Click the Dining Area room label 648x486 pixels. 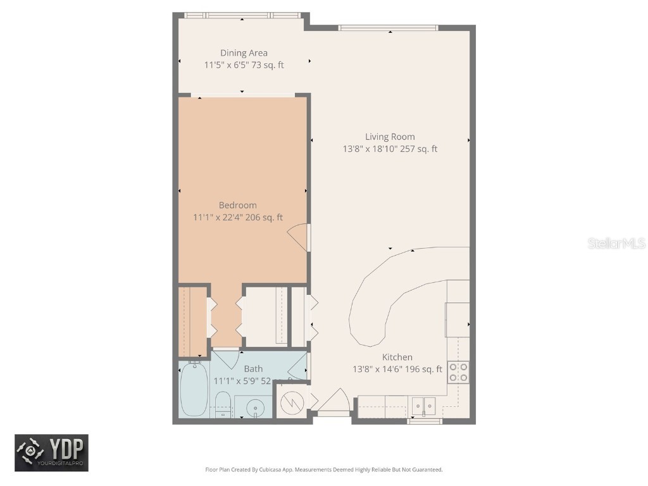coord(244,53)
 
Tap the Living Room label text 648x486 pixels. coord(390,137)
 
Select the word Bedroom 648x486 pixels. coord(237,205)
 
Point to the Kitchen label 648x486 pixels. coord(397,358)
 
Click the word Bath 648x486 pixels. coord(253,369)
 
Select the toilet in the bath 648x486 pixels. coord(222,404)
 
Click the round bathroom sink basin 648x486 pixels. coord(256,407)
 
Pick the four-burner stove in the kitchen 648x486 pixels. coord(458,372)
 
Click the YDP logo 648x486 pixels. coord(52,453)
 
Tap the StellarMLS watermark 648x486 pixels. coord(616,244)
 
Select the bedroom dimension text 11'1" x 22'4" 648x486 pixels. coord(218,218)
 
